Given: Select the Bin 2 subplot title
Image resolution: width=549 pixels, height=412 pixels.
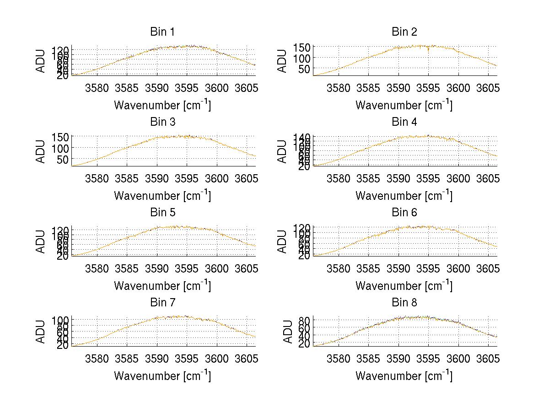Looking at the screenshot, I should [404, 32].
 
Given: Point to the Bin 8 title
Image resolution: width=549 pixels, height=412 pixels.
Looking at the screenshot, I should [404, 303].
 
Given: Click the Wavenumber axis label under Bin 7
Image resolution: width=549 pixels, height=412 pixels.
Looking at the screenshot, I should [162, 376].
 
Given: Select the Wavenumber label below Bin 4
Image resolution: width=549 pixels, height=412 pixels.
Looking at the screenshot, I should [404, 196].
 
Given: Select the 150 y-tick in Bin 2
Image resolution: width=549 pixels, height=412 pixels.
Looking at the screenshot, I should [306, 47].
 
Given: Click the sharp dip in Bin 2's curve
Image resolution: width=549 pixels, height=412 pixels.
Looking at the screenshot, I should [428, 52].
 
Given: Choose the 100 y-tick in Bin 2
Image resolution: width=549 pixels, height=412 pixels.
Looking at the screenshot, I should [306, 58].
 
